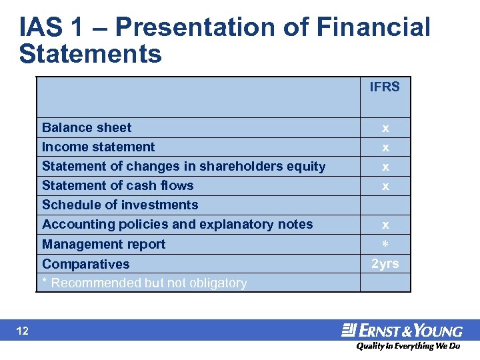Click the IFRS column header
385,87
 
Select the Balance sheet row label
87,127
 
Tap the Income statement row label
98,147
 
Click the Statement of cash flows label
117,185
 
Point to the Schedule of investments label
120,205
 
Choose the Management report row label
103,244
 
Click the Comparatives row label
85,264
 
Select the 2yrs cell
385,263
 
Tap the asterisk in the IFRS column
385,245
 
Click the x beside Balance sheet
385,128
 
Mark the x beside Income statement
385,147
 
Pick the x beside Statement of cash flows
385,187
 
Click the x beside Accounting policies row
385,225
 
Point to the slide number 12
22,331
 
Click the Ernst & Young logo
402,331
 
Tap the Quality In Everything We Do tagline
408,346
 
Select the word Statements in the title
91,53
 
